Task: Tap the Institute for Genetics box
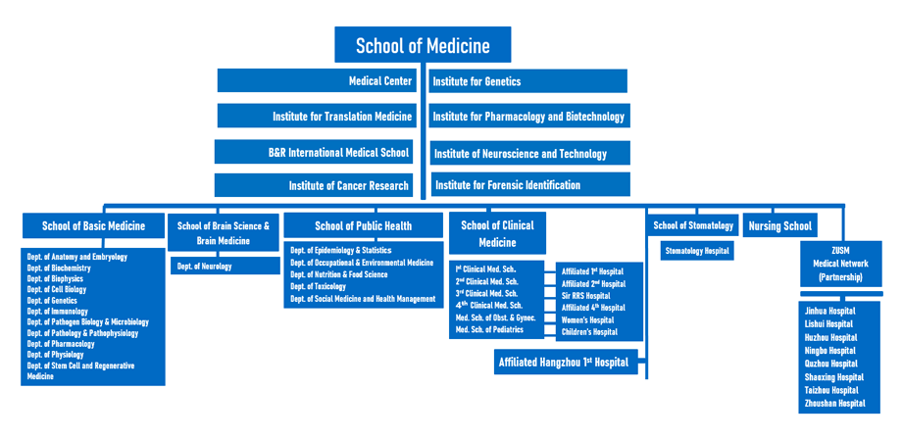coord(527,81)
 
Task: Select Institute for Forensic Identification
coord(529,184)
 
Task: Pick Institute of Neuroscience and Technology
coord(529,153)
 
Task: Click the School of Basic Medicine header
coord(93,226)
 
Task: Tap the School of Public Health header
coord(363,226)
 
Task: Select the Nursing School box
coord(779,226)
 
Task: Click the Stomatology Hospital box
coord(697,251)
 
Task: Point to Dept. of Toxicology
coord(320,287)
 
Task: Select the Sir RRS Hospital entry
coord(585,296)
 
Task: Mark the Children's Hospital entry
coord(589,332)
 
